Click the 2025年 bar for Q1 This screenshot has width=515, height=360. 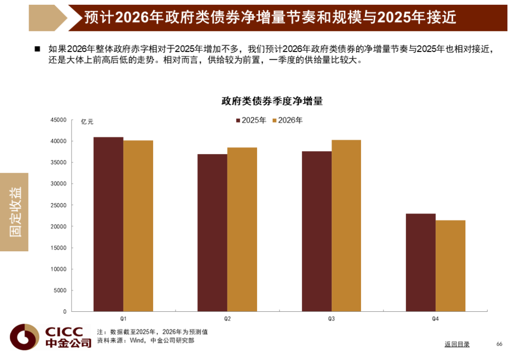[108, 224]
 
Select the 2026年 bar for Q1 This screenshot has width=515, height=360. [138, 226]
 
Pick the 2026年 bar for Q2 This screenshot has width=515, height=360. [242, 229]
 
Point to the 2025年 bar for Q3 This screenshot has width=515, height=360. [316, 231]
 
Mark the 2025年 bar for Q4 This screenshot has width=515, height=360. [421, 262]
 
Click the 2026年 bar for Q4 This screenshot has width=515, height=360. [451, 266]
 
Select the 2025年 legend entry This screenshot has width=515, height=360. [251, 121]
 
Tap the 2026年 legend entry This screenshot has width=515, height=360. [288, 121]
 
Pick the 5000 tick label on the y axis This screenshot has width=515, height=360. [61, 290]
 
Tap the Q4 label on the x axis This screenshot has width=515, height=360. [435, 319]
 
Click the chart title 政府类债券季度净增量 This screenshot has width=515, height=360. [272, 101]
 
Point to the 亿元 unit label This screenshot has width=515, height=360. [87, 122]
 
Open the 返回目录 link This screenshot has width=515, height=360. [457, 344]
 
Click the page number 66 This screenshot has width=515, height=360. [499, 344]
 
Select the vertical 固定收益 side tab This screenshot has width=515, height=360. [15, 212]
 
